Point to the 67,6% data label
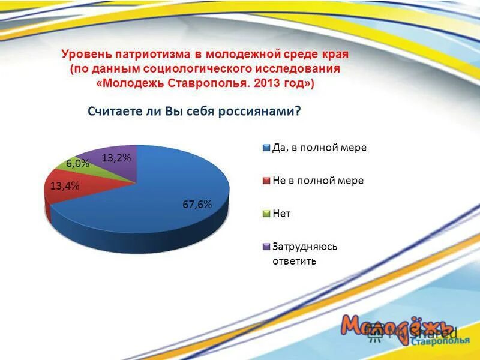click(197, 204)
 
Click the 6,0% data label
click(78, 163)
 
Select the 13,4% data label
click(65, 185)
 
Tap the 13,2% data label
click(116, 158)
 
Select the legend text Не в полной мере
click(318, 181)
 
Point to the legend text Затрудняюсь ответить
click(305, 254)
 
